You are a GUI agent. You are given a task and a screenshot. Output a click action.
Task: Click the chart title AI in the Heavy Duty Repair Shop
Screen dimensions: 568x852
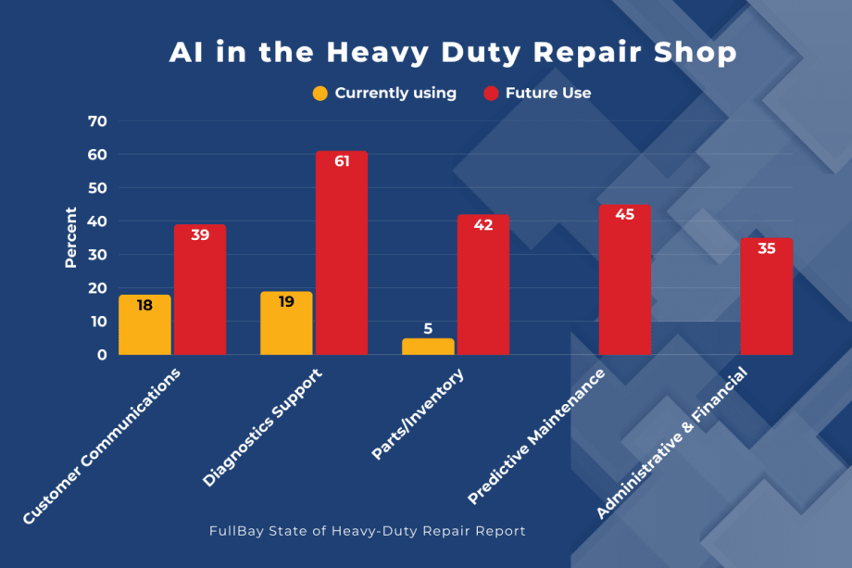click(x=453, y=53)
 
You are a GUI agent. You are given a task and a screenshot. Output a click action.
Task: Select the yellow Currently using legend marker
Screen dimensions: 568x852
click(x=320, y=93)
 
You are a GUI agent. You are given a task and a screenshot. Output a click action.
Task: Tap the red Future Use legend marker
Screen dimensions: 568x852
click(x=492, y=93)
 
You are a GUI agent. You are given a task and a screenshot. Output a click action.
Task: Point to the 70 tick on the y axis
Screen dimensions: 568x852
click(x=97, y=121)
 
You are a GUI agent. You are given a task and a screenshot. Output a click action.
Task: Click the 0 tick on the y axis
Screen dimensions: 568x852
click(x=102, y=355)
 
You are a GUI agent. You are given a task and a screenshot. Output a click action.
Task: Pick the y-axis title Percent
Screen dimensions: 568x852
click(x=71, y=238)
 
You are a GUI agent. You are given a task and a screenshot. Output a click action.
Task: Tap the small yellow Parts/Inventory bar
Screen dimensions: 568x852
click(x=428, y=347)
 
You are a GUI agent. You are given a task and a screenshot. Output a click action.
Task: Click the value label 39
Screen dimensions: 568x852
click(x=200, y=235)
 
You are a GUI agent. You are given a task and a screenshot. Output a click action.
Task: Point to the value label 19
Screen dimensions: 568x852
click(x=286, y=302)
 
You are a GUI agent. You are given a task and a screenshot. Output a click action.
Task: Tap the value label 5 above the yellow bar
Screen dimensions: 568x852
click(x=428, y=328)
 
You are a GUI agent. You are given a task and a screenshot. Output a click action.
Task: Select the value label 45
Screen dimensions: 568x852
click(x=625, y=215)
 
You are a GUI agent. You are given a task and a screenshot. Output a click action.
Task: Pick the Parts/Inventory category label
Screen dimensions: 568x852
click(x=418, y=413)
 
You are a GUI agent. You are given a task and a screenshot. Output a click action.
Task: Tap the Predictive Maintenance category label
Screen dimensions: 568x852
click(x=537, y=435)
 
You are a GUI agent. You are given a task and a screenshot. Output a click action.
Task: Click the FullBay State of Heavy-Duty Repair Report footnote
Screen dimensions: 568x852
click(x=368, y=531)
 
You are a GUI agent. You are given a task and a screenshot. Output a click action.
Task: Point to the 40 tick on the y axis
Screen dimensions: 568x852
click(x=97, y=221)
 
